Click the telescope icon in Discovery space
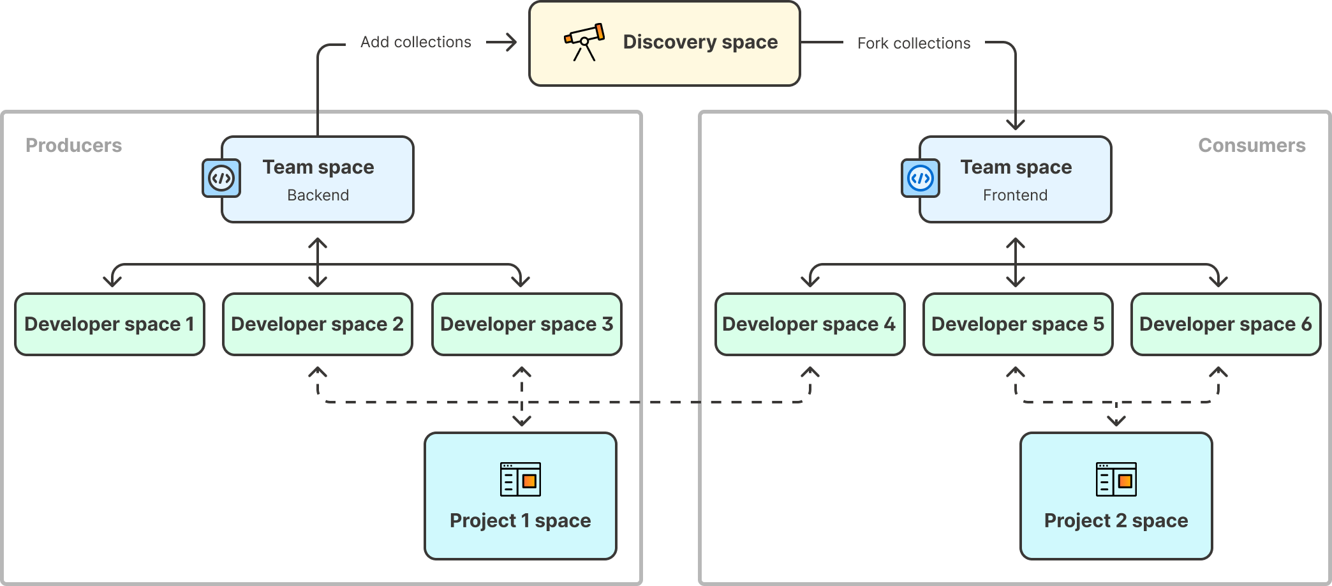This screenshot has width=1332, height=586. (x=584, y=42)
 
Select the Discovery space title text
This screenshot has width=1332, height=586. (x=700, y=42)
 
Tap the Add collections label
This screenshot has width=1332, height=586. (x=415, y=42)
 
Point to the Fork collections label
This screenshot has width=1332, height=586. (x=914, y=43)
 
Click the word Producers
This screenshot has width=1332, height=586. (x=73, y=146)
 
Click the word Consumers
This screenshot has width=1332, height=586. (x=1251, y=146)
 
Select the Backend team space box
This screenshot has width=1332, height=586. (x=318, y=179)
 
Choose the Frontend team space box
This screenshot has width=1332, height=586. (x=1016, y=179)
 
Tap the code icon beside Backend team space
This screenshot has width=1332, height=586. (x=221, y=178)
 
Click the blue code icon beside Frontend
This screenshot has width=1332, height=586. (x=921, y=178)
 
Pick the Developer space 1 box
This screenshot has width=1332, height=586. (x=110, y=324)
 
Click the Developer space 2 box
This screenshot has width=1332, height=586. (x=318, y=324)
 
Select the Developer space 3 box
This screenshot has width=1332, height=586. (x=527, y=324)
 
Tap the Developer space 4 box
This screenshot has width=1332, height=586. (x=810, y=324)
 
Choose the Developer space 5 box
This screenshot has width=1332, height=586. (x=1018, y=324)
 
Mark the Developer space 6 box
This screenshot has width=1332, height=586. (x=1225, y=324)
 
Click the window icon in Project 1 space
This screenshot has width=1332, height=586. (x=521, y=479)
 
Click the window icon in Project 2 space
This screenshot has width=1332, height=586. (x=1116, y=479)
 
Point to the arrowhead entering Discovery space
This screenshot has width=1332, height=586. (x=510, y=43)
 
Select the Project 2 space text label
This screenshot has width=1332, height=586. (x=1116, y=521)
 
